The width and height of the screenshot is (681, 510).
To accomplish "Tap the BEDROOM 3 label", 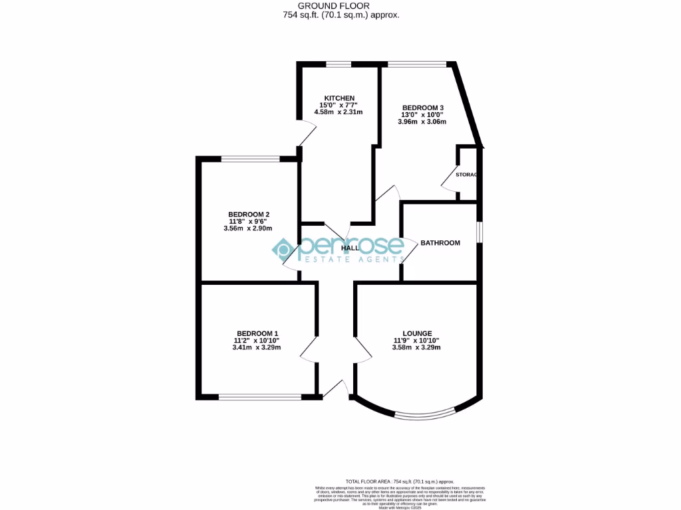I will tap(423, 108).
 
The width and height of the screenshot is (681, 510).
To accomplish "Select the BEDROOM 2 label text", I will tap(249, 214).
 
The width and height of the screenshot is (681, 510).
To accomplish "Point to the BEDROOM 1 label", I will tap(257, 333).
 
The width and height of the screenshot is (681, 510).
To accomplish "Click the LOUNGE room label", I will tap(417, 333).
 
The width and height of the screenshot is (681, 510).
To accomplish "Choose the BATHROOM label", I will tap(440, 243).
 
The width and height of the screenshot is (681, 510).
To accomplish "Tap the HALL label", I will tap(350, 248).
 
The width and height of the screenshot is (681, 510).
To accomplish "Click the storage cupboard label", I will tap(466, 175).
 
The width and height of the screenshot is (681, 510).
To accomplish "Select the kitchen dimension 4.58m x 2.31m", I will tap(339, 112).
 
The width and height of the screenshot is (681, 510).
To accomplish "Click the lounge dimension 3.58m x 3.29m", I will tap(417, 347).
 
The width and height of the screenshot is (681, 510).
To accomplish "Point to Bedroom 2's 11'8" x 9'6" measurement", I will tap(249, 221).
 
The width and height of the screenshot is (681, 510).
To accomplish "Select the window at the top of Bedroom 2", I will tap(251, 159).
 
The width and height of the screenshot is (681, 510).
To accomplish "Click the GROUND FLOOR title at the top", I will tap(340, 5).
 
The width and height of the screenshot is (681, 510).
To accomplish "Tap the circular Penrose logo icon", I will tap(282, 249).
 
